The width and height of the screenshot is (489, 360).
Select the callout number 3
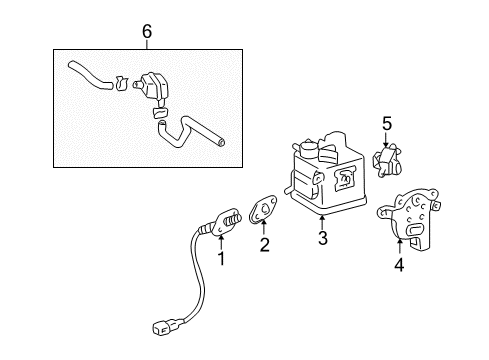[x=322, y=239]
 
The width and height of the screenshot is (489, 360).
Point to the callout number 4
[x=399, y=265]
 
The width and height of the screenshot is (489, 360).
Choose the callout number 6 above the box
[x=147, y=33]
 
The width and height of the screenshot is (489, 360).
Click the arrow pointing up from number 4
[x=399, y=247]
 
